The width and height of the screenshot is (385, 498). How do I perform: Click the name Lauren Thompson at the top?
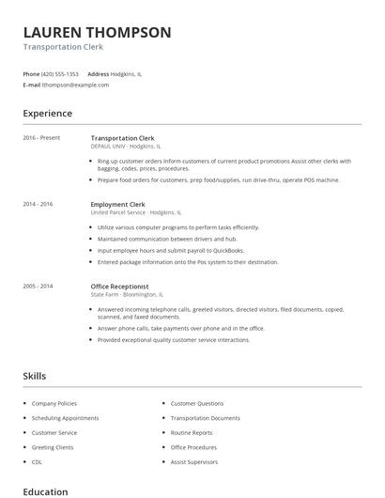click(x=97, y=32)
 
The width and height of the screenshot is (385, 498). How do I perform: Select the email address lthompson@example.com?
click(x=76, y=85)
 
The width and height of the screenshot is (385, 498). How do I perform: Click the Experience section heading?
click(x=47, y=114)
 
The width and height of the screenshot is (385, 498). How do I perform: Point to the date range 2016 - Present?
click(x=41, y=138)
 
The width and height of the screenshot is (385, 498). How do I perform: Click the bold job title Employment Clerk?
click(x=117, y=204)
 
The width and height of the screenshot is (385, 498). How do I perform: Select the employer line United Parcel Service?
click(x=136, y=212)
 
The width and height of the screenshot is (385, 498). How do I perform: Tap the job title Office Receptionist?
click(x=120, y=286)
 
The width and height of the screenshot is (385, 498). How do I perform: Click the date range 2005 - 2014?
click(x=38, y=286)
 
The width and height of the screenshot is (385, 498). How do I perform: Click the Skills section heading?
click(x=35, y=376)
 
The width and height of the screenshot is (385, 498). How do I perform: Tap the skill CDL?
click(x=37, y=462)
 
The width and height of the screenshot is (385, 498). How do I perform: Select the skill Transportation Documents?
click(x=205, y=418)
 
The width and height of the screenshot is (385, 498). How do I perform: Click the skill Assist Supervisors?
click(x=193, y=462)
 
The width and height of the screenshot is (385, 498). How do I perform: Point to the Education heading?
click(x=45, y=490)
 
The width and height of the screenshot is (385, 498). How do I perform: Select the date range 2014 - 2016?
click(x=38, y=204)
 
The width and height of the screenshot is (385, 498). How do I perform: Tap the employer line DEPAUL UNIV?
click(x=126, y=147)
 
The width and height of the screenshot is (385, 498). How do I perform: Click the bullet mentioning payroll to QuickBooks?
click(x=167, y=251)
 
